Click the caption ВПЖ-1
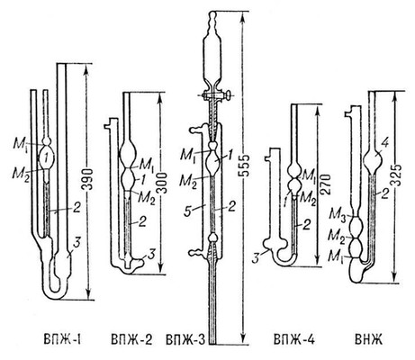63,340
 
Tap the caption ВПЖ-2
132,340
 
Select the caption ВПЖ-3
185,340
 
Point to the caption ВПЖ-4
294,340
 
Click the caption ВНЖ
368,340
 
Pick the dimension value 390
87,179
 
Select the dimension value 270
325,184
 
